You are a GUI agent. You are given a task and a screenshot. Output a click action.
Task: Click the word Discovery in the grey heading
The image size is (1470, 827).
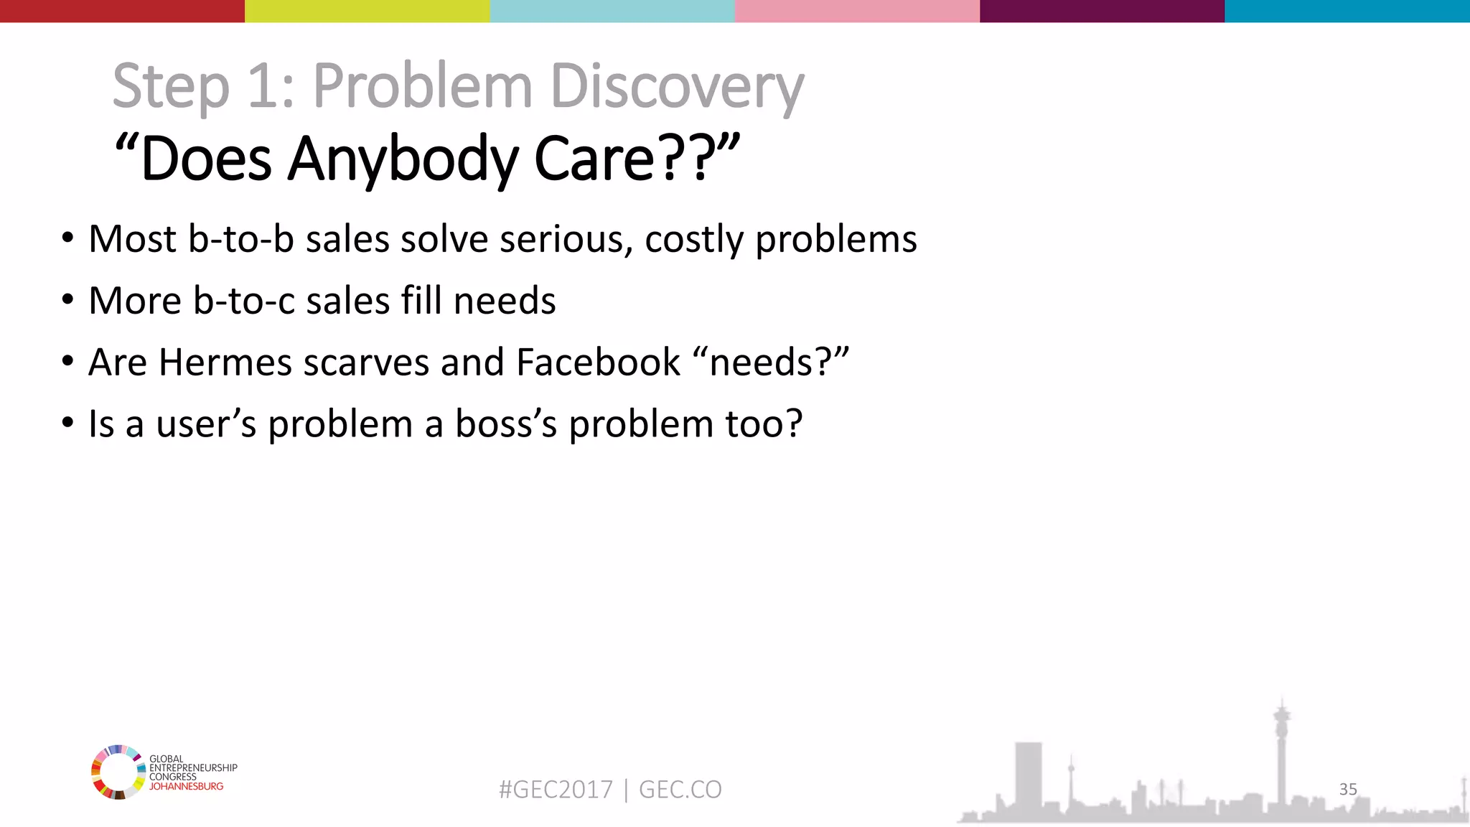point(677,86)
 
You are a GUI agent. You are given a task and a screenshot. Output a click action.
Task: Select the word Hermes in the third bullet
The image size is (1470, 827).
point(225,362)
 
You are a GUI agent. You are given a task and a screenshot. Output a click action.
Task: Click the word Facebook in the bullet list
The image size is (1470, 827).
point(598,362)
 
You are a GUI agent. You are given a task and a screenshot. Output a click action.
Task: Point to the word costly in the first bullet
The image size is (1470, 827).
point(694,239)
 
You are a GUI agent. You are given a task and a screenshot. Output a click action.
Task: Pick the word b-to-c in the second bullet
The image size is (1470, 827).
point(244,300)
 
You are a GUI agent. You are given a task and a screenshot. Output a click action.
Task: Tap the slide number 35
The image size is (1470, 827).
point(1348,789)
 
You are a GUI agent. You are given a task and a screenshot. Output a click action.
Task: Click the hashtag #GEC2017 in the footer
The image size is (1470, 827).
point(556,790)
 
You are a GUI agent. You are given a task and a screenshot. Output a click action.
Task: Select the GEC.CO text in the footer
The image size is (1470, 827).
point(680,790)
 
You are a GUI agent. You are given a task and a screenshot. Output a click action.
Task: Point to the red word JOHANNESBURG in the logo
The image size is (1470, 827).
point(186,786)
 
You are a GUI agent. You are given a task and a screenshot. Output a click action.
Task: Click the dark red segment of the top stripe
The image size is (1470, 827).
point(122,11)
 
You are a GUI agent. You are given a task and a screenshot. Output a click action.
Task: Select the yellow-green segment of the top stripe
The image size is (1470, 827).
point(367,11)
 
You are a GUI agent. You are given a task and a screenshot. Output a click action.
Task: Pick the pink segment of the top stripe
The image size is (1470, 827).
point(857,11)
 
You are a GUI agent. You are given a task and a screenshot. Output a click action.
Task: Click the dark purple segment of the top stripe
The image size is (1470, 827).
point(1102,11)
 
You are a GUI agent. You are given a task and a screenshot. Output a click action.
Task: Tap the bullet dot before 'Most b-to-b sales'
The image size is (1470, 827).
point(67,238)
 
